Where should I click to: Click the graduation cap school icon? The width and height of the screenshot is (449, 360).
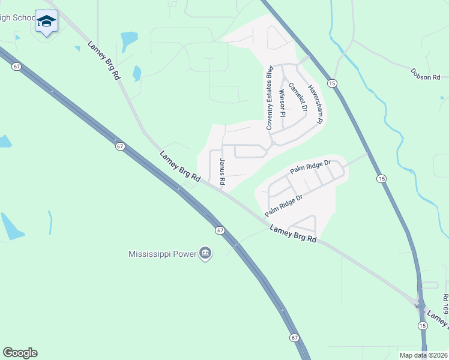coord(46,22)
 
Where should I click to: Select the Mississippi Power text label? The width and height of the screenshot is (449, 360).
coord(163,253)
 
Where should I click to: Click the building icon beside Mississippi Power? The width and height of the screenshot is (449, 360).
coord(205,253)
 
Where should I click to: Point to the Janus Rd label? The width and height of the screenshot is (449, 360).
coord(221,172)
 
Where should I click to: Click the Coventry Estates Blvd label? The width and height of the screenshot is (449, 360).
coord(270,97)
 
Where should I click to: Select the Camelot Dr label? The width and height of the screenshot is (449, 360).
coord(298,97)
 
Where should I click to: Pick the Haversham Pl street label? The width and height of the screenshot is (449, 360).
coord(316,103)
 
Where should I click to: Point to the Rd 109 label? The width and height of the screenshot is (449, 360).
coord(445,304)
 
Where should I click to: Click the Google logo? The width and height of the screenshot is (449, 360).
coord(20,353)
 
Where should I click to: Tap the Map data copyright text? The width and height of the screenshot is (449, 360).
coord(423,355)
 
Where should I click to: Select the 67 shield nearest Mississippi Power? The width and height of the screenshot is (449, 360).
coord(220,230)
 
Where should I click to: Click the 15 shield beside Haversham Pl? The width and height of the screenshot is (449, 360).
coord(331,82)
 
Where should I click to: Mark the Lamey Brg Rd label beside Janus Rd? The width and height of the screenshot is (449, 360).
coord(180,166)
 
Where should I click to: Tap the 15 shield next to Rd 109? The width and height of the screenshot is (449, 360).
coord(423,325)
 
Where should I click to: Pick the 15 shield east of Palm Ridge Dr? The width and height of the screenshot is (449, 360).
coord(381,179)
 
